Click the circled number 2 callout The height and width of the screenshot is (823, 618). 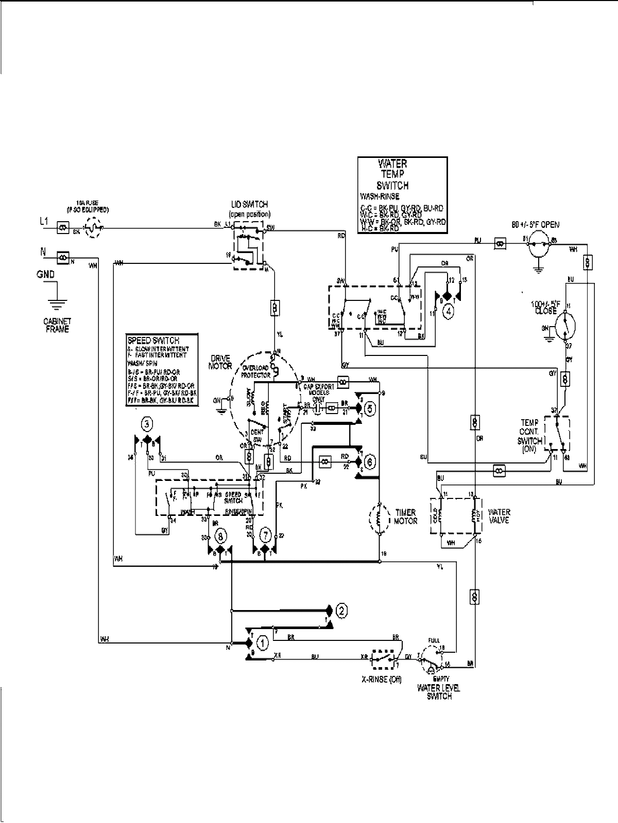[x=341, y=611]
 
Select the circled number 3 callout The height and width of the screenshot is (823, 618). [x=147, y=424]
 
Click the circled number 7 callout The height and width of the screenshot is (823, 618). [x=266, y=536]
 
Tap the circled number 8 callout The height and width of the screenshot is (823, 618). [x=220, y=536]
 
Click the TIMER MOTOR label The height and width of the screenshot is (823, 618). [x=406, y=516]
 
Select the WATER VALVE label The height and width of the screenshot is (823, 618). [x=499, y=516]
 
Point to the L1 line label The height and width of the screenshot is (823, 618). [x=44, y=221]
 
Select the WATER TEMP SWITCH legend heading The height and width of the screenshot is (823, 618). [x=392, y=174]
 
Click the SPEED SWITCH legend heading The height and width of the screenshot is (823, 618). [x=153, y=341]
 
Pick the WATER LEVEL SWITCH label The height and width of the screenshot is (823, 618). [x=436, y=691]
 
